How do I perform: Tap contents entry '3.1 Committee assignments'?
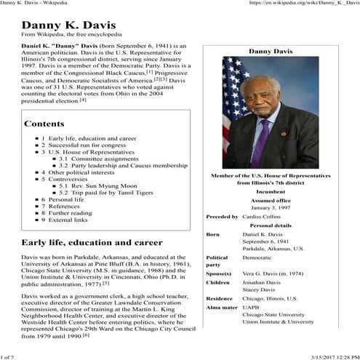coord(97,159)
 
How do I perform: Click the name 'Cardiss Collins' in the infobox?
coord(263,216)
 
